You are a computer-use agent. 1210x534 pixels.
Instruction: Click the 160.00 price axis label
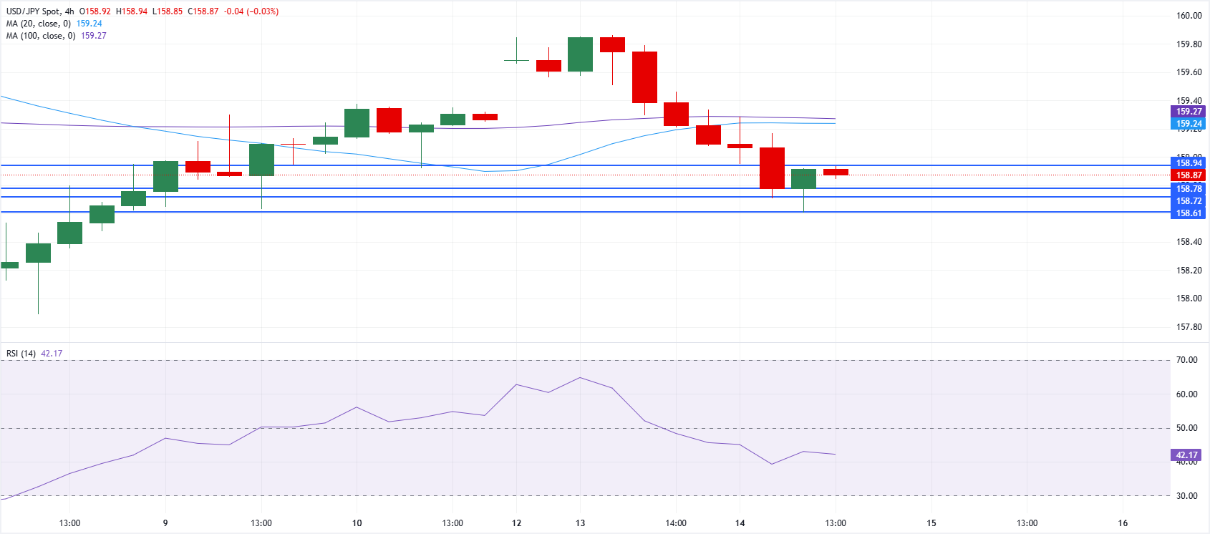click(x=1189, y=16)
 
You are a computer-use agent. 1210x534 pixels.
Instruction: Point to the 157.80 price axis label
click(x=1189, y=327)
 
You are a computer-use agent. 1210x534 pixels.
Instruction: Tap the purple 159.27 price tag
click(x=1189, y=112)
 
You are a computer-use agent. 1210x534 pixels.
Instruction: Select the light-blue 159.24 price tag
click(x=1189, y=124)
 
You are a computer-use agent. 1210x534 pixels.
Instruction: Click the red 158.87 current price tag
click(x=1189, y=175)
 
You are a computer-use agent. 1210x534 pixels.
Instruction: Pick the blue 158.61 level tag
click(x=1189, y=213)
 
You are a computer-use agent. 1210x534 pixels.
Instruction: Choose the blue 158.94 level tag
click(x=1189, y=163)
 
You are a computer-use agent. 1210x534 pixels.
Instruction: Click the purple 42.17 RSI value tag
click(x=1186, y=455)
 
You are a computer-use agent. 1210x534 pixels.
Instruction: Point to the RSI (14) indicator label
click(x=21, y=354)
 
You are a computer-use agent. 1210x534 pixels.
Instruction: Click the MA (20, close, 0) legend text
click(x=39, y=24)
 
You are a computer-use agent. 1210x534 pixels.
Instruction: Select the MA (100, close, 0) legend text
click(x=41, y=36)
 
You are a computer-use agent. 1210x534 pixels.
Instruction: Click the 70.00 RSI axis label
click(x=1186, y=360)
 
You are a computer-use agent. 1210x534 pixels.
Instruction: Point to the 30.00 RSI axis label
click(x=1186, y=496)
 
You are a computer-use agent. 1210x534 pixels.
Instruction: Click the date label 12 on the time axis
click(x=516, y=523)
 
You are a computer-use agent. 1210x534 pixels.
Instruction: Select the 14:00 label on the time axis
click(x=676, y=523)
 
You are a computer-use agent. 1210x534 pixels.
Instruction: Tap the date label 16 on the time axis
click(x=1123, y=523)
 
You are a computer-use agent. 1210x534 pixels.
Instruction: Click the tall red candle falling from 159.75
click(x=644, y=77)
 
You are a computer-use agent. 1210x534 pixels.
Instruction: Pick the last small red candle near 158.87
click(x=836, y=172)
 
